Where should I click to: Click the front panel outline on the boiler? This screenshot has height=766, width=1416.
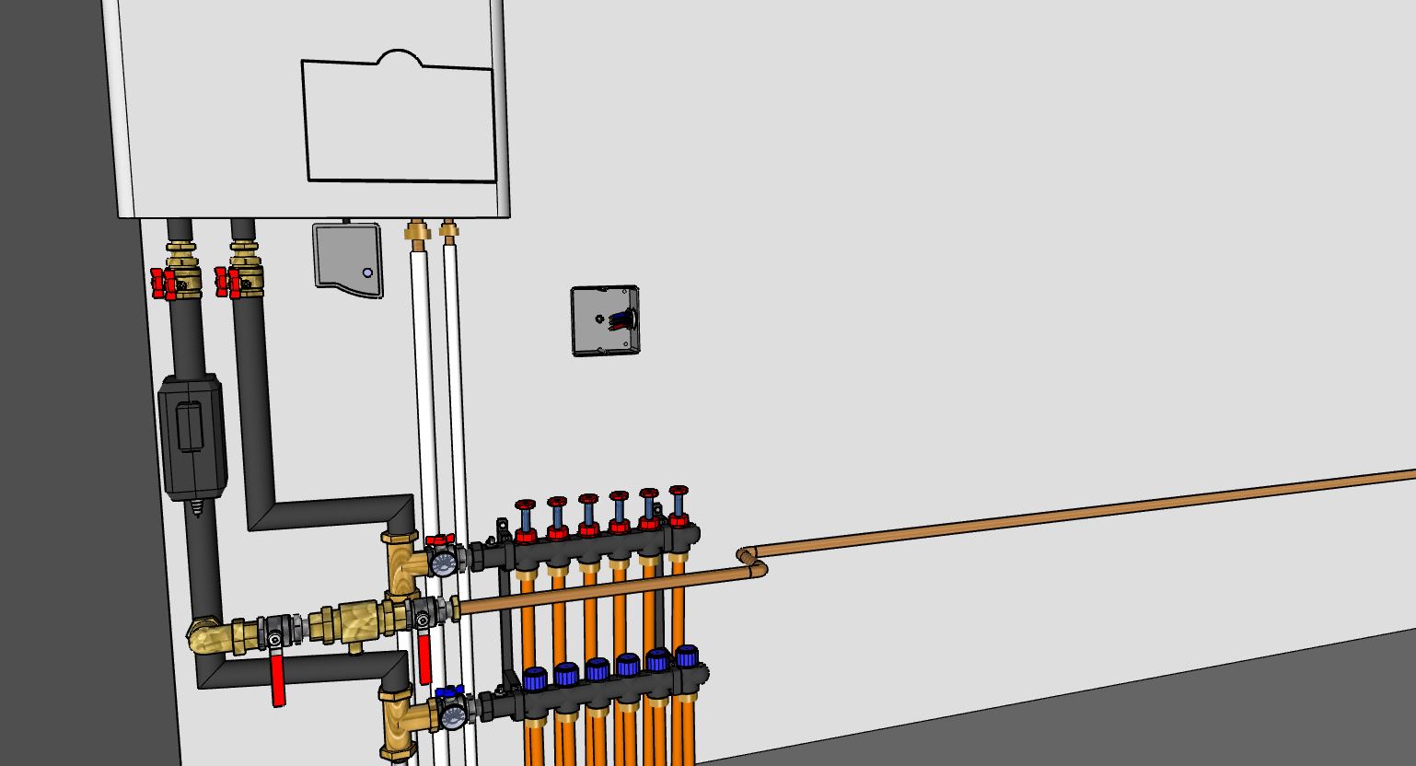tap(399, 120)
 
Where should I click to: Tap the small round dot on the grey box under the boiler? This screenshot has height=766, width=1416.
tap(367, 273)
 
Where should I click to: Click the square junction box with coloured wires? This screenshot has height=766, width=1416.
tap(604, 320)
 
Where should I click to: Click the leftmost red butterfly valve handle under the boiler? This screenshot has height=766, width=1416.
tap(163, 282)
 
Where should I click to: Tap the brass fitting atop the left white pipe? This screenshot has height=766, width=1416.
tap(417, 231)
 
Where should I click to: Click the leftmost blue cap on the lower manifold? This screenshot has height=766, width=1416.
tap(535, 680)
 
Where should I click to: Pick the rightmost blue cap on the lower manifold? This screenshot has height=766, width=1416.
tap(687, 656)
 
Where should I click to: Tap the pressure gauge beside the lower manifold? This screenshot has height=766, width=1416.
tap(452, 716)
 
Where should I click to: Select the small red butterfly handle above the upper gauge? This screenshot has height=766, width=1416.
tap(439, 540)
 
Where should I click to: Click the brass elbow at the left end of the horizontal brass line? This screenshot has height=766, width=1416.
tap(204, 635)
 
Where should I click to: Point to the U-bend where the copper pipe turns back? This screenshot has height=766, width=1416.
tap(750, 561)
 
